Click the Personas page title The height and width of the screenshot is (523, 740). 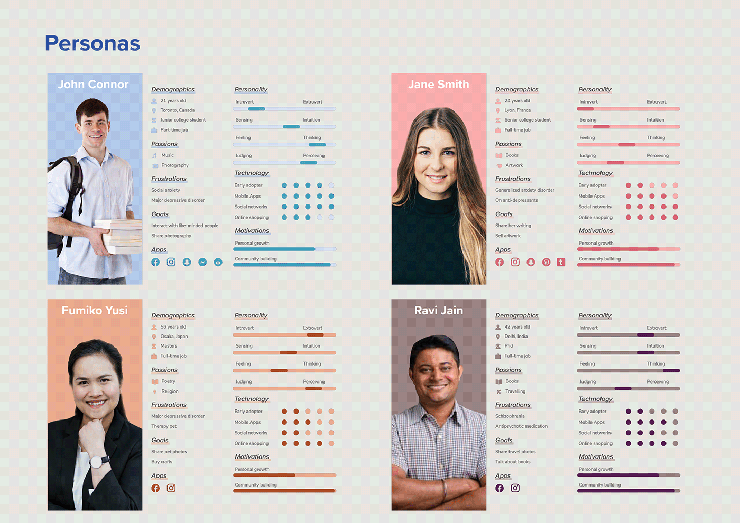pyautogui.click(x=92, y=43)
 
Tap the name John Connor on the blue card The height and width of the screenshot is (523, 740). pyautogui.click(x=93, y=85)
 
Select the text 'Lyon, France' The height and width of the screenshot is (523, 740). pyautogui.click(x=517, y=110)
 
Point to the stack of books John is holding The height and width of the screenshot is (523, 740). pyautogui.click(x=118, y=236)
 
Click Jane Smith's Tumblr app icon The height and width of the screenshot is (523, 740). pyautogui.click(x=561, y=262)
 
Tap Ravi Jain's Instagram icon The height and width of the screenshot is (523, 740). pyautogui.click(x=515, y=488)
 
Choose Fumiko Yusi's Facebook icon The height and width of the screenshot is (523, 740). pyautogui.click(x=155, y=488)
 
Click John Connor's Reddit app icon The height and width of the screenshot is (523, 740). pyautogui.click(x=218, y=262)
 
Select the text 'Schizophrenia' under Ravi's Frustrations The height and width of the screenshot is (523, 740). pyautogui.click(x=510, y=416)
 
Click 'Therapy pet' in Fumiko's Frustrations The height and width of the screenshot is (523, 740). pyautogui.click(x=164, y=426)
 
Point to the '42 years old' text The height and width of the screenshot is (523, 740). pyautogui.click(x=517, y=327)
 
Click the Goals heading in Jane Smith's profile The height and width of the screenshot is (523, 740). pyautogui.click(x=504, y=214)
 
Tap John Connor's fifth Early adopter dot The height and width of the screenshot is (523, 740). pyautogui.click(x=331, y=185)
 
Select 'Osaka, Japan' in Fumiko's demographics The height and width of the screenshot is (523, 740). pyautogui.click(x=174, y=337)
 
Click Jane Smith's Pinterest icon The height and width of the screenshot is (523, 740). pyautogui.click(x=546, y=262)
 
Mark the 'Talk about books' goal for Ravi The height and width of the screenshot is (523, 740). pyautogui.click(x=513, y=462)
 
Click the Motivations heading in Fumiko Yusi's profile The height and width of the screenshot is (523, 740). pyautogui.click(x=252, y=457)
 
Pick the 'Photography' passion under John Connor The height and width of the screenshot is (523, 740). pyautogui.click(x=175, y=165)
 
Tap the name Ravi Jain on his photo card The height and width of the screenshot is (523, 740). pyautogui.click(x=439, y=311)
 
